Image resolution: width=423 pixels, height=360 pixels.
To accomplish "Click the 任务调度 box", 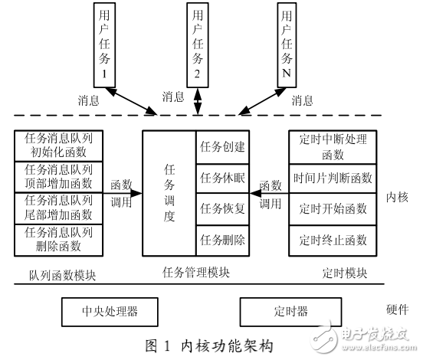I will tap(169, 193).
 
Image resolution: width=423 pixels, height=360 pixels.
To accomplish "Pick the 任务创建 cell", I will tap(222, 146).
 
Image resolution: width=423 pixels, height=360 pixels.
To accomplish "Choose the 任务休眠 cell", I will tap(222, 178).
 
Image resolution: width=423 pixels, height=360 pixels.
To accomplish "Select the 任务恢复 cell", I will tap(222, 208).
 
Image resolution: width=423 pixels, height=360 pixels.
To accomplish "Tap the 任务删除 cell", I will tap(222, 240).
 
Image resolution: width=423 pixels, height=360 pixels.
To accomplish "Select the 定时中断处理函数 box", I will tap(333, 146).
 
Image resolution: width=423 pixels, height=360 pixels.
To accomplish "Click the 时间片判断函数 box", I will tap(333, 178).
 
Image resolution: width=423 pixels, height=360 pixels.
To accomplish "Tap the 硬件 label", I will tap(398, 309).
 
